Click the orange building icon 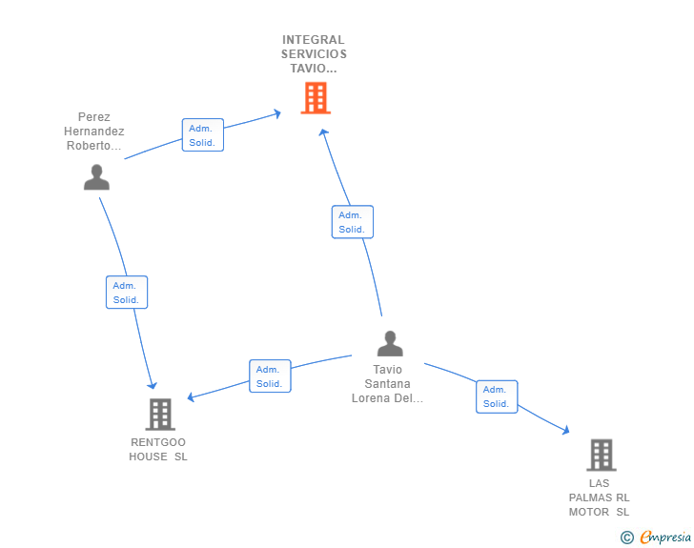pyautogui.click(x=316, y=98)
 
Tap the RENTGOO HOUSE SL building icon pyautogui.click(x=160, y=415)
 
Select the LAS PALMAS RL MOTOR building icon pyautogui.click(x=602, y=455)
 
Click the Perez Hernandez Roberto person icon pyautogui.click(x=96, y=177)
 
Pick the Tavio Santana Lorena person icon pyautogui.click(x=390, y=343)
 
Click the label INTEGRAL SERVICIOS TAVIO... pyautogui.click(x=314, y=54)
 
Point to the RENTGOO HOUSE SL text pyautogui.click(x=158, y=449)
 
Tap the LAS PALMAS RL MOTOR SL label pyautogui.click(x=599, y=497)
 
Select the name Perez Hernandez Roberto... pyautogui.click(x=93, y=131)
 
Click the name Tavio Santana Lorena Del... pyautogui.click(x=387, y=384)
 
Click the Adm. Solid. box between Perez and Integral pyautogui.click(x=203, y=135)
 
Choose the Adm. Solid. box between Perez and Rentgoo pyautogui.click(x=127, y=293)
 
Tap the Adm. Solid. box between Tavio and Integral pyautogui.click(x=353, y=222)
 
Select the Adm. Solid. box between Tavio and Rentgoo pyautogui.click(x=270, y=375)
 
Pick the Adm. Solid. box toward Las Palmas pyautogui.click(x=497, y=396)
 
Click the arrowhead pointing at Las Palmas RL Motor pyautogui.click(x=565, y=430)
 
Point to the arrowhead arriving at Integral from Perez pyautogui.click(x=277, y=113)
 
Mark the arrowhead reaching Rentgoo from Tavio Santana pyautogui.click(x=192, y=396)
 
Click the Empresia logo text pyautogui.click(x=665, y=537)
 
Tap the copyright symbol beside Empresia pyautogui.click(x=626, y=538)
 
